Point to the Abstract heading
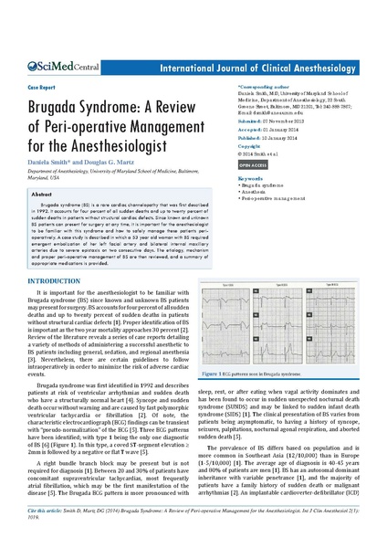point(42,195)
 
